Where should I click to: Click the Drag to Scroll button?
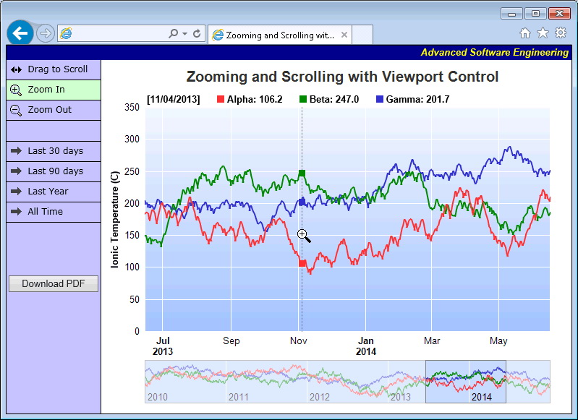[54, 69]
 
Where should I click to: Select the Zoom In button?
[54, 90]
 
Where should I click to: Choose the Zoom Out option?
[54, 110]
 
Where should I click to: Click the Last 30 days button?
[54, 151]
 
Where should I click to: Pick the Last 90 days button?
[54, 171]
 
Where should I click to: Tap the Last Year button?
[54, 192]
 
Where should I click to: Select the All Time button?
[54, 212]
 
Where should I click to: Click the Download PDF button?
[54, 284]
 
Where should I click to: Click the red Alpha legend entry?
[250, 99]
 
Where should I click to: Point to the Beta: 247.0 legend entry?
[329, 99]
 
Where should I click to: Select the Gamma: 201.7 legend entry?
[412, 99]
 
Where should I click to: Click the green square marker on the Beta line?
[302, 173]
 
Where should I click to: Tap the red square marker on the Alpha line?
[302, 263]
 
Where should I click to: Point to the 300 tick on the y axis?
[132, 139]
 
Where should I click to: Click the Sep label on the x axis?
[231, 340]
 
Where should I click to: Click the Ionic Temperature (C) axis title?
[115, 220]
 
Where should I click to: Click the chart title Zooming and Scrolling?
[342, 77]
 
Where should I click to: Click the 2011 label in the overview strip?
[239, 397]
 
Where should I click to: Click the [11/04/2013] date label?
[173, 99]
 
